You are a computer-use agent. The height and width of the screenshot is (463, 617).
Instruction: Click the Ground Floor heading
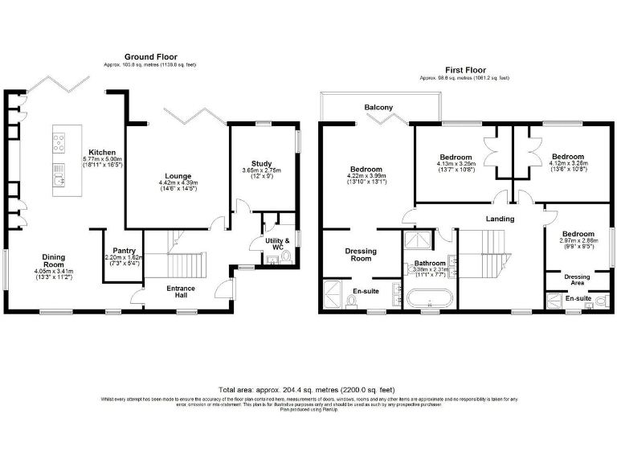(150, 57)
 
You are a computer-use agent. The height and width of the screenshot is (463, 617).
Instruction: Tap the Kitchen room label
(102, 152)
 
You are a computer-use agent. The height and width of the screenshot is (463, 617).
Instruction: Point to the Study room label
(261, 163)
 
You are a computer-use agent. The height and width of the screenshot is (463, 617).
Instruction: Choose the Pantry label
(124, 250)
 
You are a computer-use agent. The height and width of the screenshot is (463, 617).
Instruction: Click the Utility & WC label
(277, 244)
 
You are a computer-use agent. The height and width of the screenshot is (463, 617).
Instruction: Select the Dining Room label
(54, 260)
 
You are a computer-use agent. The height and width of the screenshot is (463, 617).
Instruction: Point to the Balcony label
(378, 108)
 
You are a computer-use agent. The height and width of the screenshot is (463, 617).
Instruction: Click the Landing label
(500, 218)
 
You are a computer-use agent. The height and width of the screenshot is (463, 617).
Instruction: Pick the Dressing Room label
(361, 255)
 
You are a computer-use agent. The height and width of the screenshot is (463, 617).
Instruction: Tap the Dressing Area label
(577, 280)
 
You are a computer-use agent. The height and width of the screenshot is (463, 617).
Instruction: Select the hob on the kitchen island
(59, 143)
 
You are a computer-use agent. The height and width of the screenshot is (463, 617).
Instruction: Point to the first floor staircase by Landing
(482, 253)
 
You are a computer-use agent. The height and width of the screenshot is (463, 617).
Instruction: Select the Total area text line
(308, 387)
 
